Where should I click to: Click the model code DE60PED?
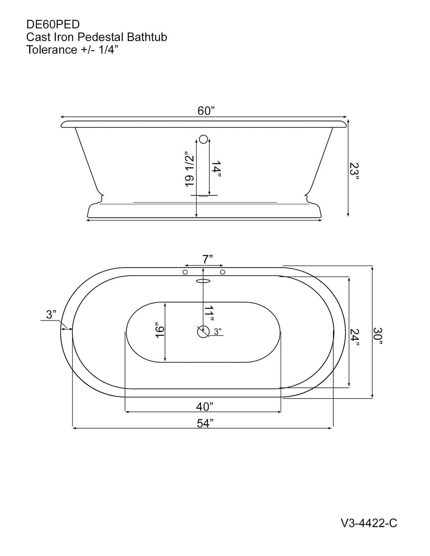(x=53, y=24)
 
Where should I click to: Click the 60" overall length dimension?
(x=206, y=111)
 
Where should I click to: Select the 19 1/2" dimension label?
(x=190, y=169)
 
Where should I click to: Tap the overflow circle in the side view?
(x=204, y=139)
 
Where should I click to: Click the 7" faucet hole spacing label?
(x=207, y=259)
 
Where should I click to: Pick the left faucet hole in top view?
(x=185, y=272)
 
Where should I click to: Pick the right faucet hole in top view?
(x=222, y=272)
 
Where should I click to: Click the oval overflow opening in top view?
(x=204, y=281)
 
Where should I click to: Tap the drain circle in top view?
(x=203, y=332)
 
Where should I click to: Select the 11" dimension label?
(x=209, y=313)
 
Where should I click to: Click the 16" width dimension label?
(x=160, y=330)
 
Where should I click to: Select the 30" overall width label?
(x=378, y=336)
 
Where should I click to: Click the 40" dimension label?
(x=205, y=407)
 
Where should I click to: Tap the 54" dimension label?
(x=205, y=423)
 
